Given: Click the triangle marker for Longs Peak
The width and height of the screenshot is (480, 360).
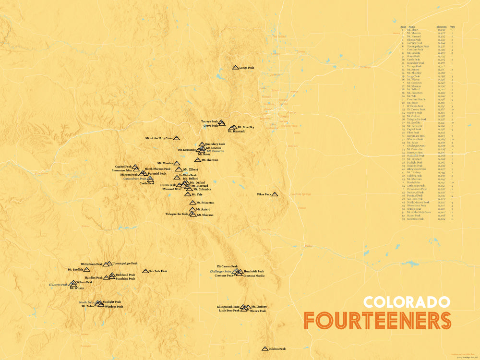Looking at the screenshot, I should pos(235,68).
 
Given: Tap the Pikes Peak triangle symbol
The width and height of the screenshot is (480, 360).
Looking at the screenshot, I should pos(275,194).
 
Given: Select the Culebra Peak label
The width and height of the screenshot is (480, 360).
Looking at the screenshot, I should pos(277,349).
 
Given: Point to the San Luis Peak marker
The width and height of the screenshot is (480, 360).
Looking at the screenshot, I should pos(145,271).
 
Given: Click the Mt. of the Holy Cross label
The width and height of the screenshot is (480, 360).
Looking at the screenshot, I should pos(158,138).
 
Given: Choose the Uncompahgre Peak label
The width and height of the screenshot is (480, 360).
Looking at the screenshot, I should pos(125,264).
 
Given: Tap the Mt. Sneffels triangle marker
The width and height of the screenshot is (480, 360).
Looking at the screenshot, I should pos(87,270).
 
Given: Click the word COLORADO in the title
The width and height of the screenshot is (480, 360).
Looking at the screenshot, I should pos(407,302).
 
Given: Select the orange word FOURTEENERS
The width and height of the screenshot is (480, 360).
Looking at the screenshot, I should pos(377,320).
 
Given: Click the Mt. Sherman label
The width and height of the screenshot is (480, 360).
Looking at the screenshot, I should pos(210,160).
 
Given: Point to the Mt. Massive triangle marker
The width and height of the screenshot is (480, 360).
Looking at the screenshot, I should pos(177,163).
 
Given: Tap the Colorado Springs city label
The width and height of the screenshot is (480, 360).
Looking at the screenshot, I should pos(300,194).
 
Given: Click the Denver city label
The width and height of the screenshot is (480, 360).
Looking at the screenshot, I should pos(284,116).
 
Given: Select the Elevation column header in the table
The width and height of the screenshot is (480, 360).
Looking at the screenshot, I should pos(442,27).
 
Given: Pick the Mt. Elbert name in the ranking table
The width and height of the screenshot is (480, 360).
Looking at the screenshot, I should pos(412,30).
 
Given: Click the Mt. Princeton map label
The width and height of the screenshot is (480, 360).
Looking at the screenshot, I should pos(205,203).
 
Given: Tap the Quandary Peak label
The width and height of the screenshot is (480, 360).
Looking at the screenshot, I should pos(215,144).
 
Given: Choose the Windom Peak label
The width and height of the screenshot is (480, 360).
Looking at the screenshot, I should pos(113,307).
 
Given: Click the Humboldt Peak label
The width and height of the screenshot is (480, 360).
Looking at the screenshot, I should pos(253,271).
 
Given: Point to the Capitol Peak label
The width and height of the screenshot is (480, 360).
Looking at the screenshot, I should pos(123,167).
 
